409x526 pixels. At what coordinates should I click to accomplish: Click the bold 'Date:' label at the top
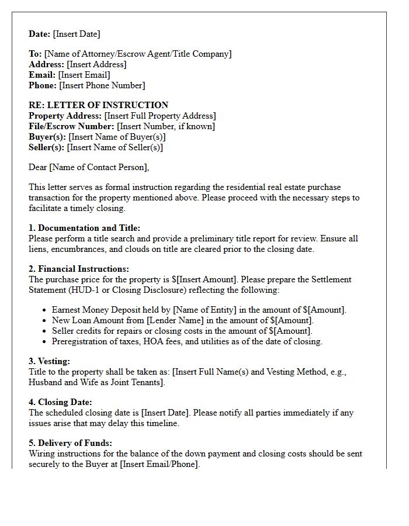pyautogui.click(x=40, y=34)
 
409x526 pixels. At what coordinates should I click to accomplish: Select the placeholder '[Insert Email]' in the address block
pyautogui.click(x=84, y=75)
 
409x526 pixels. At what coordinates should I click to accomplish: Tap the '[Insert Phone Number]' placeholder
pyautogui.click(x=102, y=85)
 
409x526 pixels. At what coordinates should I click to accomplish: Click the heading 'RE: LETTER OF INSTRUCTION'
pyautogui.click(x=98, y=105)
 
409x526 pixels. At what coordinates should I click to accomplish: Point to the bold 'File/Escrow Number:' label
pyautogui.click(x=71, y=126)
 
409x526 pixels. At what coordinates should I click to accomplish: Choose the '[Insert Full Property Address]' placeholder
pyautogui.click(x=160, y=116)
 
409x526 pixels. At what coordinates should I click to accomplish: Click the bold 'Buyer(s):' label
pyautogui.click(x=47, y=137)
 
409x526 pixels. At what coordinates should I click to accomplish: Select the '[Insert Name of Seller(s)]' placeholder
pyautogui.click(x=115, y=147)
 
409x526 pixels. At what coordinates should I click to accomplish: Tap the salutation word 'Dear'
pyautogui.click(x=38, y=168)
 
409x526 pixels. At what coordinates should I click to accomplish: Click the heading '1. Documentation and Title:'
pyautogui.click(x=85, y=228)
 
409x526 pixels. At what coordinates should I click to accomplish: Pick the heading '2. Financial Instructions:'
pyautogui.click(x=79, y=269)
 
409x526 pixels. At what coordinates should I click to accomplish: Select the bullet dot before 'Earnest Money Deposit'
pyautogui.click(x=45, y=310)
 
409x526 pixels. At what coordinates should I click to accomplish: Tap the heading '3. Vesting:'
pyautogui.click(x=49, y=362)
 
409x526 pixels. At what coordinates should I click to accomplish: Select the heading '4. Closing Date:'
pyautogui.click(x=60, y=403)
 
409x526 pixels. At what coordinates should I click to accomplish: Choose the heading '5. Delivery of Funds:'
pyautogui.click(x=70, y=443)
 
